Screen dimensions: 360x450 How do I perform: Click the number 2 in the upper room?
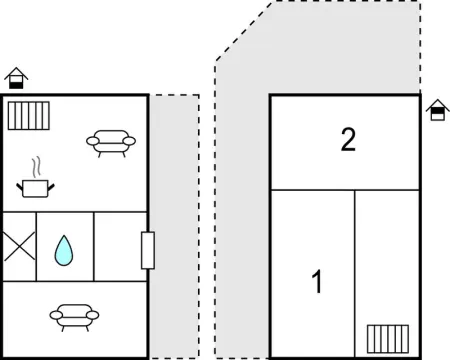point(347,140)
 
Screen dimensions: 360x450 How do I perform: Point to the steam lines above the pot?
point(36,165)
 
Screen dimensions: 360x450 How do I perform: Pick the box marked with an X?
point(19,246)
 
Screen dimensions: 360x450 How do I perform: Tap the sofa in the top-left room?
point(107,143)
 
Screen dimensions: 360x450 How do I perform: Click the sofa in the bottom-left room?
point(75,315)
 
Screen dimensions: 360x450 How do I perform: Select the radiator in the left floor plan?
point(28,115)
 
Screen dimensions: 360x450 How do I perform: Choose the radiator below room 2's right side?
point(386,338)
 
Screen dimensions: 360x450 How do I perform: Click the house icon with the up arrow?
point(14,77)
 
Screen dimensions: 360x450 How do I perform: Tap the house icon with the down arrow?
point(435,109)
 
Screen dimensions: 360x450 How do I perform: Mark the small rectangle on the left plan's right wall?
point(148,249)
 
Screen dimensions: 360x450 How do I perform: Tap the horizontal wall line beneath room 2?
point(346,190)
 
